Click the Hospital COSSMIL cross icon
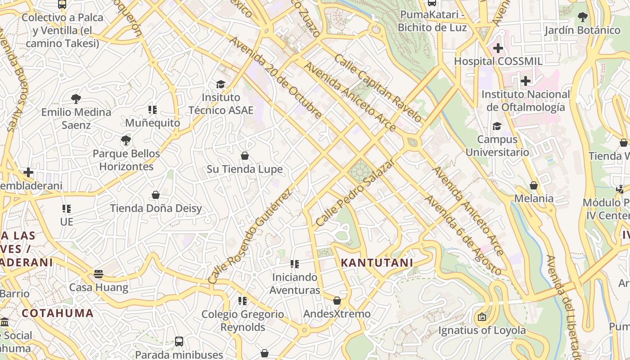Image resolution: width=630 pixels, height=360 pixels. (498, 48)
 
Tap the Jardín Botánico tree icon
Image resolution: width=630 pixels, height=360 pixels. (582, 18)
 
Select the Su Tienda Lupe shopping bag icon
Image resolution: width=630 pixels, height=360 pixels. (245, 156)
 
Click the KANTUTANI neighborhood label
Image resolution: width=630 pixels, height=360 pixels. (377, 263)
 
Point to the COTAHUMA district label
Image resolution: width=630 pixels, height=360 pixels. (58, 313)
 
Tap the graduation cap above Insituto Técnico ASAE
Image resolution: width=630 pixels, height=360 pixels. (220, 84)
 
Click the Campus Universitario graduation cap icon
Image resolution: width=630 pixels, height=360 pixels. (497, 126)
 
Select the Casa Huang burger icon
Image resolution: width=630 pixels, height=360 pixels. (99, 274)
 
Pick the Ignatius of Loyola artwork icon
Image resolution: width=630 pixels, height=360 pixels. (482, 317)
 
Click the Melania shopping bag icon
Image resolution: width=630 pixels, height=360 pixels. (534, 185)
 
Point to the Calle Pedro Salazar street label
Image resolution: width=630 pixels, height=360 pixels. (355, 193)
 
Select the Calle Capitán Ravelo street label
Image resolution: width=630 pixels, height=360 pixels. (378, 89)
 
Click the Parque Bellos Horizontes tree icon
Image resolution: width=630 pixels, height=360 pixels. (126, 140)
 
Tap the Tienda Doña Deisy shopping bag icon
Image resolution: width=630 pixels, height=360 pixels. (156, 195)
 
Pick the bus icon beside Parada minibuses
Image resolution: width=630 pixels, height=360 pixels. (179, 341)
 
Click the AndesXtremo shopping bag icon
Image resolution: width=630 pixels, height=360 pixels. (337, 301)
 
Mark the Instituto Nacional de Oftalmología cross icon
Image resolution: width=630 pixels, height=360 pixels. (525, 81)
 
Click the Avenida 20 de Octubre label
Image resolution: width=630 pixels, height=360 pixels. (276, 77)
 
